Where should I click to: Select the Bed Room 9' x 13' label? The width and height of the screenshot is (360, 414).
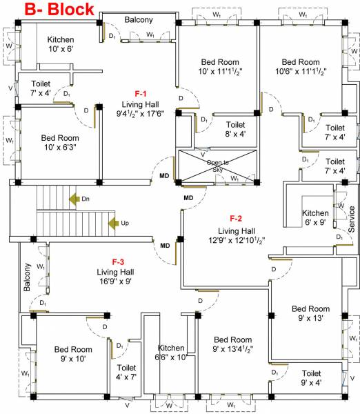pyautogui.click(x=310, y=313)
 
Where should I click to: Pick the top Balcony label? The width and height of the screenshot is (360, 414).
pyautogui.click(x=139, y=20)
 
